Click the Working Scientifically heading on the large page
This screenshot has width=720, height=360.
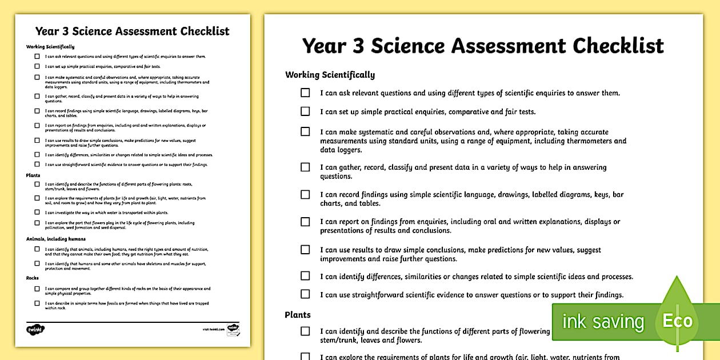coord(330,75)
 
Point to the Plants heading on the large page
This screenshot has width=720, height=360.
coord(298,315)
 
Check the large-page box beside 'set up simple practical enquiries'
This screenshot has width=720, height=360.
coord(305,111)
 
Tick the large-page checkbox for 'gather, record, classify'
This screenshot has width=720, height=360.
coord(305,167)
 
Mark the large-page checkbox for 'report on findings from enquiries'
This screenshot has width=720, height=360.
coord(305,222)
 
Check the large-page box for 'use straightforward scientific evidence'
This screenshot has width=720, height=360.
coord(305,294)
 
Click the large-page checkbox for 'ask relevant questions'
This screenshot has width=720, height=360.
coord(305,93)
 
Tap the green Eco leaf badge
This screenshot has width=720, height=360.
coord(677,319)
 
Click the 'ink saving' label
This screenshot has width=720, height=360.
coord(603,321)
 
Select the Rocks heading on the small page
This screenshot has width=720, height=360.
coord(32,278)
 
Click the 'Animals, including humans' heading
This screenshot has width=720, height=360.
coord(56,239)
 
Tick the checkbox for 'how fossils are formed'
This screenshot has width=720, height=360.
coord(37,303)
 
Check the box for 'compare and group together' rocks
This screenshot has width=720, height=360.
coord(37,289)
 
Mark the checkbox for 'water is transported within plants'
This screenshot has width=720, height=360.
coord(37,212)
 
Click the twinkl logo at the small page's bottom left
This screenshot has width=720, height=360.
coord(35,329)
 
